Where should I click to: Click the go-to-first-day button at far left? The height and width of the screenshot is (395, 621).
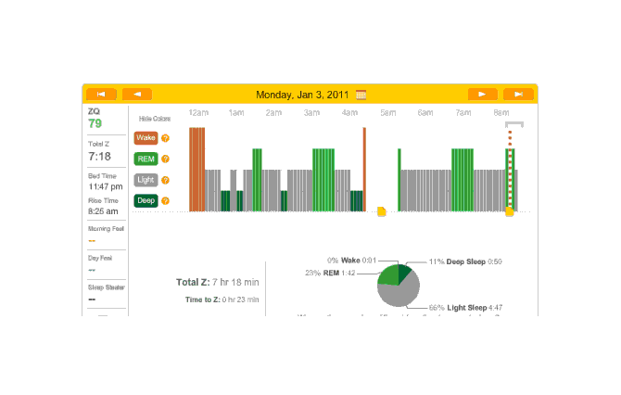pos(101,94)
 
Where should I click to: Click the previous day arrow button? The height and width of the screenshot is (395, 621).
pos(136,94)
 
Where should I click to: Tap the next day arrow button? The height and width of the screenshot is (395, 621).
pos(482,94)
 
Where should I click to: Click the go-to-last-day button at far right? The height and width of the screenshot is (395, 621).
pos(518,94)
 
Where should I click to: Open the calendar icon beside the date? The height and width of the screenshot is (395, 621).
pos(361,94)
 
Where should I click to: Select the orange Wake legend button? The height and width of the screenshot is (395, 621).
pos(146,138)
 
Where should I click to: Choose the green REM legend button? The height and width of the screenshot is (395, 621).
pos(146,159)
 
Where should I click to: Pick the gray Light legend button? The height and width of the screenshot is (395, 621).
pos(146,180)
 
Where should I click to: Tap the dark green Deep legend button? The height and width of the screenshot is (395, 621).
pos(146,200)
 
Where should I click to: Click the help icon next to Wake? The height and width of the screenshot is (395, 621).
pos(166,138)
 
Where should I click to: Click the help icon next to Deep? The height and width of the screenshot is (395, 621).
pos(166,200)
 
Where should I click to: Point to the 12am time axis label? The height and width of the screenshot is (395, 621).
pos(198,113)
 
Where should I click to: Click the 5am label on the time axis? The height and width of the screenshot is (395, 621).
pos(387,113)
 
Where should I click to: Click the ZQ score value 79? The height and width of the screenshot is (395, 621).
pos(95,123)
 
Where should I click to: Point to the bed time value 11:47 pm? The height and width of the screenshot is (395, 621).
pos(104,186)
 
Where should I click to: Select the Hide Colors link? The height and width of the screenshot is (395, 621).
pos(155,119)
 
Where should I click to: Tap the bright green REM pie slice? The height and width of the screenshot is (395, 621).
pos(388,275)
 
